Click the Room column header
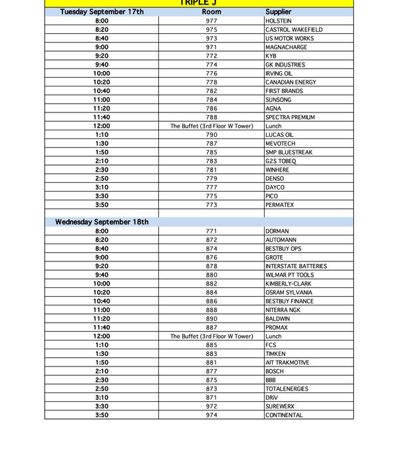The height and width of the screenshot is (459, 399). (x=211, y=12)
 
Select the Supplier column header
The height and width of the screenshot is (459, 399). (x=278, y=12)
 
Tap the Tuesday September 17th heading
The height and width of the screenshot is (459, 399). (x=102, y=12)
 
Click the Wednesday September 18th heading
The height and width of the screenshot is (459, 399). (x=102, y=222)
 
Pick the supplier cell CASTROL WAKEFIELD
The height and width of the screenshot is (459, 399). (x=294, y=30)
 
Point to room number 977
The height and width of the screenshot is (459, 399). (x=211, y=21)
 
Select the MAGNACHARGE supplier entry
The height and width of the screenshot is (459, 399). (x=286, y=47)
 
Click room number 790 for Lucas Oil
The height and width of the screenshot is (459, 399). (x=211, y=135)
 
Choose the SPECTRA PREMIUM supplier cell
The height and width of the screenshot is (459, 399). (x=290, y=118)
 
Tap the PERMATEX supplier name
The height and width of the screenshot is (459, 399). (x=279, y=205)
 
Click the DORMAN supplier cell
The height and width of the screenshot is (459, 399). (x=277, y=231)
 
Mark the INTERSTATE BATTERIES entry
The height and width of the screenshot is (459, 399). (x=296, y=266)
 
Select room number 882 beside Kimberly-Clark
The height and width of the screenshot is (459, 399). (x=211, y=284)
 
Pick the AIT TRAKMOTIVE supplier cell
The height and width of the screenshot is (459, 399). (x=287, y=363)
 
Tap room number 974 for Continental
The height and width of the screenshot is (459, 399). (x=211, y=415)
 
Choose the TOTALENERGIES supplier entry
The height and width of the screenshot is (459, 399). (x=287, y=389)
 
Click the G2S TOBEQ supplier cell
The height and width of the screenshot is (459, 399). (x=281, y=161)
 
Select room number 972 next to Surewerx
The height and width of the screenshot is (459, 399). (x=211, y=406)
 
